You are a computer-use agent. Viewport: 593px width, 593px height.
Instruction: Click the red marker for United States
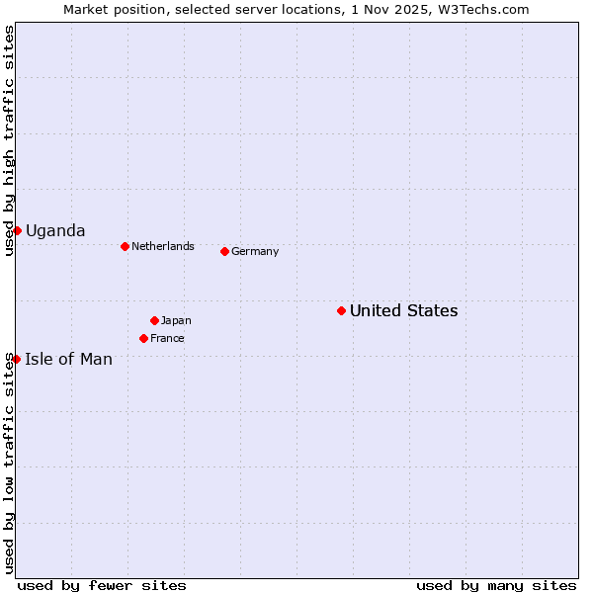click(341, 310)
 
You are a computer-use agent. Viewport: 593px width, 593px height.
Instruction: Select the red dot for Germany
click(224, 251)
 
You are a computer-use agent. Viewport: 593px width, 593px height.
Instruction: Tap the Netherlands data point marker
click(125, 246)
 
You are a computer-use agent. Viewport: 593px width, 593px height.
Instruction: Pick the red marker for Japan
click(154, 320)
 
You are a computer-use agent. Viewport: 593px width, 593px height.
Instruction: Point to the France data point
click(143, 338)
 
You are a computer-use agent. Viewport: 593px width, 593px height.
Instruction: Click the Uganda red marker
click(17, 230)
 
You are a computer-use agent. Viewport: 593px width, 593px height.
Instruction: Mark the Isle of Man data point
click(16, 359)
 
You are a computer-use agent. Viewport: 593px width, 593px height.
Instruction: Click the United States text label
click(403, 310)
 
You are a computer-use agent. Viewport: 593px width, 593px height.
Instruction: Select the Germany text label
click(255, 251)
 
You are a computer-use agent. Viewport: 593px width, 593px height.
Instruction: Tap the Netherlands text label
click(162, 246)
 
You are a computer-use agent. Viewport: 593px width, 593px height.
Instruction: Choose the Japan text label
click(176, 320)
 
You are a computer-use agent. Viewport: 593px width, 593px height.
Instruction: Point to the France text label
click(167, 338)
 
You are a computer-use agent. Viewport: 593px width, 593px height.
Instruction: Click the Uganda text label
click(55, 230)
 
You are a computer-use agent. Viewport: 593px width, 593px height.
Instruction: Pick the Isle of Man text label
click(68, 359)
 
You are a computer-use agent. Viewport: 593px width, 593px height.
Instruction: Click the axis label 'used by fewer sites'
click(102, 585)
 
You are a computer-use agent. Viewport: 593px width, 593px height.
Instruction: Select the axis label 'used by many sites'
click(496, 585)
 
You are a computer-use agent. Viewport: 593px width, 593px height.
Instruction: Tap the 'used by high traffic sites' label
click(10, 140)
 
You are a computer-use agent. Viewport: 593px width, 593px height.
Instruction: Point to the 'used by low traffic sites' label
click(10, 463)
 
